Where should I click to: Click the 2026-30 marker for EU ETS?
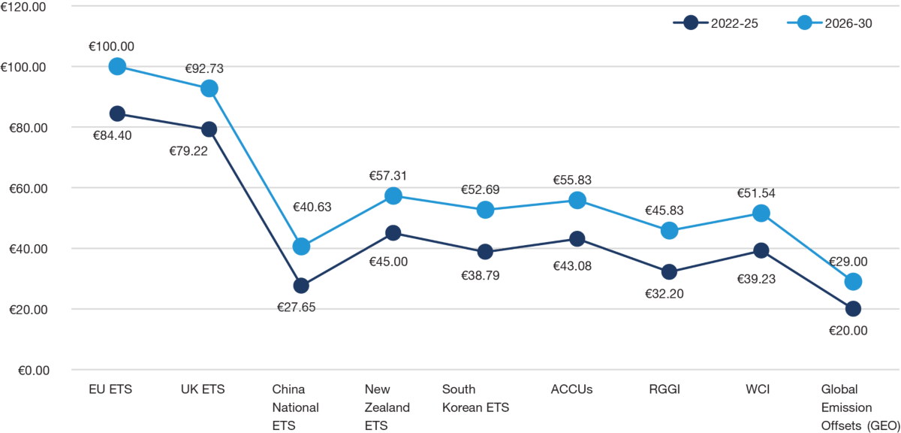point(117,66)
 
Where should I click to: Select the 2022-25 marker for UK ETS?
point(209,129)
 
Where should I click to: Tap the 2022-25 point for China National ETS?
point(301,286)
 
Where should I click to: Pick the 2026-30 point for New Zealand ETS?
point(393,195)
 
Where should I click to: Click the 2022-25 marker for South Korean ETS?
point(485,251)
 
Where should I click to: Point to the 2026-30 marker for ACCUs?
point(577,200)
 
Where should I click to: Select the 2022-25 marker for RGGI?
point(669,271)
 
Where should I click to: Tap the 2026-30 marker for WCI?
point(761,213)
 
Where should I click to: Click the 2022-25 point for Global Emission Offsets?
point(853,308)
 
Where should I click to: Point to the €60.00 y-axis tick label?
point(26,188)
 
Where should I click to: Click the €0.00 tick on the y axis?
point(29,370)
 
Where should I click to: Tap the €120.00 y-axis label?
point(23,6)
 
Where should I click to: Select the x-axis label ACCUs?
point(572,389)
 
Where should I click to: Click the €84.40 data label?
point(113,135)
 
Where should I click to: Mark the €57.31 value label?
point(387,176)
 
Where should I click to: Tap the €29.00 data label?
point(848,262)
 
